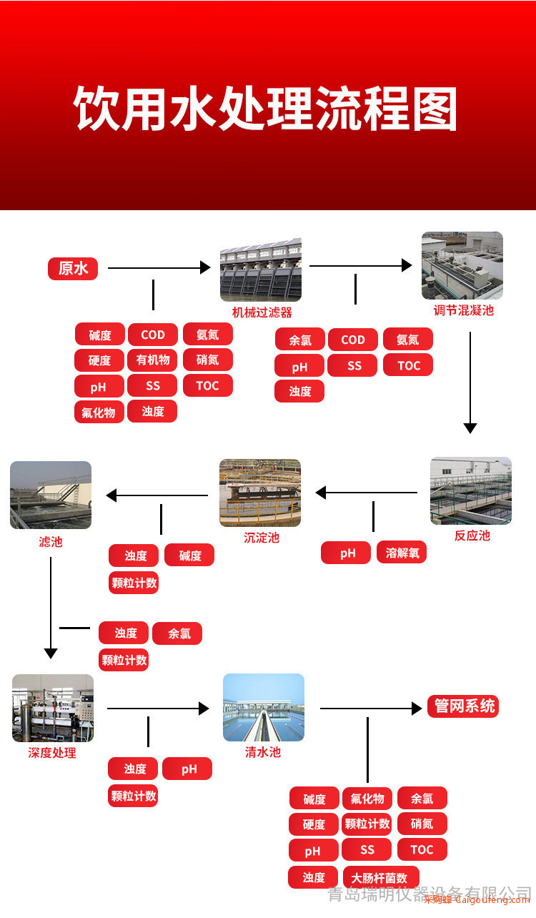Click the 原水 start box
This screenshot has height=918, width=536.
coord(73,269)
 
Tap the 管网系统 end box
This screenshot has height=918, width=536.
coord(463,706)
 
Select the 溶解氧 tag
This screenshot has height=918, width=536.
coord(402,553)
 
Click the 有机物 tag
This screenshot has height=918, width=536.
coord(152,360)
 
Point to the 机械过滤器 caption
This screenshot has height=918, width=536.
coord(262,312)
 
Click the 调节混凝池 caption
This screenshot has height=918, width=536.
coord(464,310)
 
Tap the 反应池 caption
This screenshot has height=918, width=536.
coord(472,535)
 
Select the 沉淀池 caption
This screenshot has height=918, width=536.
coord(262,538)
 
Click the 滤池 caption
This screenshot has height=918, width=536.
coord(51,542)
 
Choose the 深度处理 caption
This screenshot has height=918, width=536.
coord(52,752)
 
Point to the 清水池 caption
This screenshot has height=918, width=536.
coord(263,751)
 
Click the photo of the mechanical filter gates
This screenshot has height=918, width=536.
coord(261,270)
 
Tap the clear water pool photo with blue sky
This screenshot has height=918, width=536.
coord(264,707)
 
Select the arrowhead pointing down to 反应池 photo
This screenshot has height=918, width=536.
coord(470,428)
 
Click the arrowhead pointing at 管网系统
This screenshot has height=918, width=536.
coord(417,709)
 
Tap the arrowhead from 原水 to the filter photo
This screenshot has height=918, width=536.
coord(205,267)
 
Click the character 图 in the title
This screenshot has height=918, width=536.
coord(435,109)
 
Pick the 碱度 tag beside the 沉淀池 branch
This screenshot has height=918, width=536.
coord(189,556)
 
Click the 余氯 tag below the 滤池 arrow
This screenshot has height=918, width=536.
coord(177,633)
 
